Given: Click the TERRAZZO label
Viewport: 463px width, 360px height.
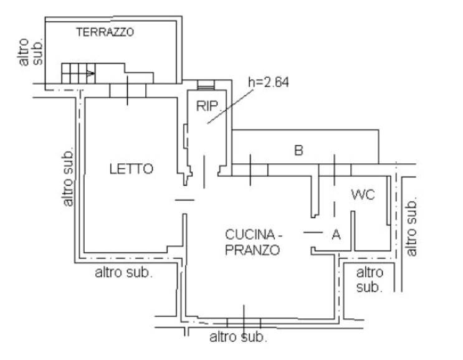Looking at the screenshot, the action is [105, 32].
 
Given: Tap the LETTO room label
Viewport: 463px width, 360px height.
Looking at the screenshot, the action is [131, 169].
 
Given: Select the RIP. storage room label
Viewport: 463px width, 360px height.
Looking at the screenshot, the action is [208, 107].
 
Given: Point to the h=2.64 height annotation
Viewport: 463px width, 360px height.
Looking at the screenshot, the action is [269, 82].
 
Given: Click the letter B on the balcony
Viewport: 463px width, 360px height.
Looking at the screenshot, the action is [299, 150].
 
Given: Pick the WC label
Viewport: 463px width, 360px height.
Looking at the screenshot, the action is [363, 195].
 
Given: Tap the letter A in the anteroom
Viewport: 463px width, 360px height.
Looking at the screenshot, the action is [336, 235].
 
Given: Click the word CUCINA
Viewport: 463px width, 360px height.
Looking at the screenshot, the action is [250, 235].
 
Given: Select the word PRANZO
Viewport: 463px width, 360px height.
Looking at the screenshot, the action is [252, 250].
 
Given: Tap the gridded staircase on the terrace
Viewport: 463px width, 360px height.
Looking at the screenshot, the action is [79, 73].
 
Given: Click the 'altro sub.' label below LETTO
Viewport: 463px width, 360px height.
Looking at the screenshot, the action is [124, 273].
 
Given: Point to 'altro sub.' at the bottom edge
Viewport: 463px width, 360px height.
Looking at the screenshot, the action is [238, 337].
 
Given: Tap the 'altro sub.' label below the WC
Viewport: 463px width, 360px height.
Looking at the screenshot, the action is [370, 280].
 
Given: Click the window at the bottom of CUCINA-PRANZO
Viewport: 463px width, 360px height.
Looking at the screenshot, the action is [244, 323].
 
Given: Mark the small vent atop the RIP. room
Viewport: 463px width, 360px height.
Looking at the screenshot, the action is [206, 85].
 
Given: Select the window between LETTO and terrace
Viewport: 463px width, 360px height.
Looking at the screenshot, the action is [128, 90].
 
